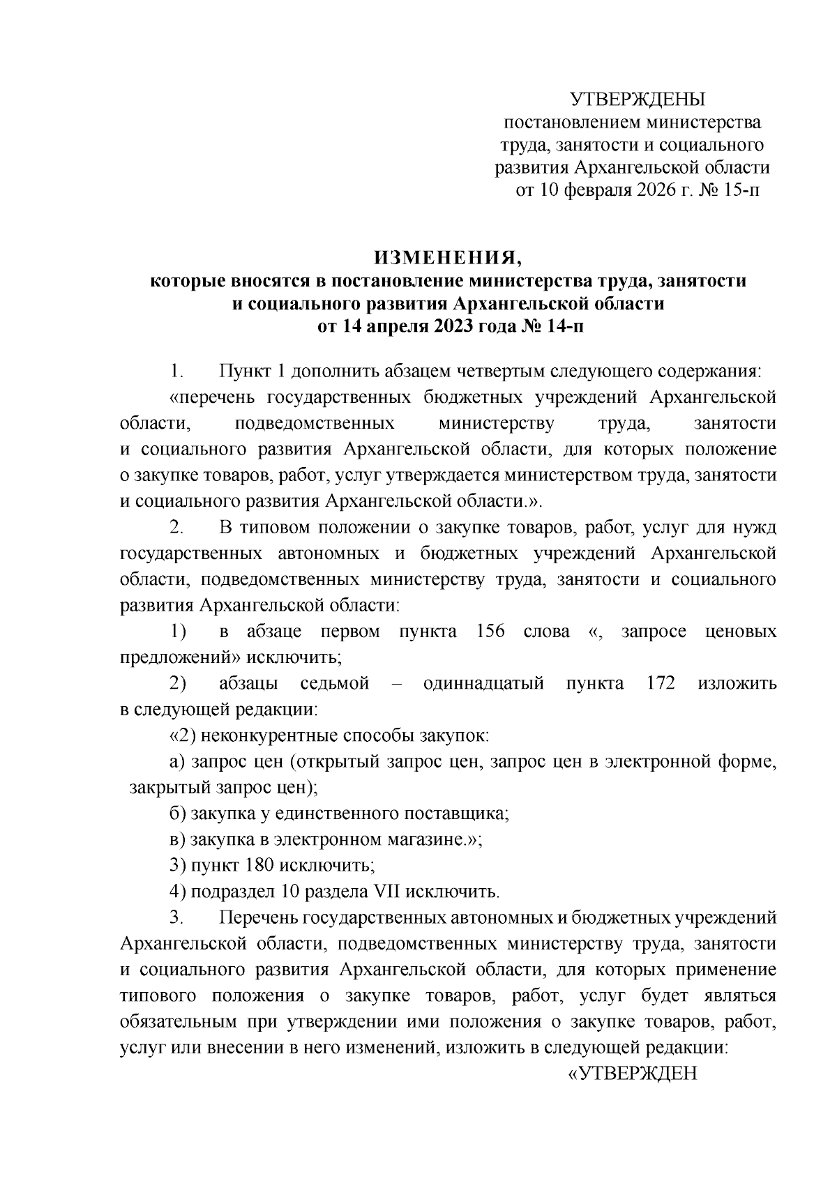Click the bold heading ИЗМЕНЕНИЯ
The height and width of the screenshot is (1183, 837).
click(449, 257)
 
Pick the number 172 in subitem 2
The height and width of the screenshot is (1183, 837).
click(661, 683)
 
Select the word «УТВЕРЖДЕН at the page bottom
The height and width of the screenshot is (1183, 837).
click(633, 1073)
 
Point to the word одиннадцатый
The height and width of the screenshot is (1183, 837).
click(483, 683)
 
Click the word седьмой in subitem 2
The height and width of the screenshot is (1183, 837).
click(335, 683)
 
